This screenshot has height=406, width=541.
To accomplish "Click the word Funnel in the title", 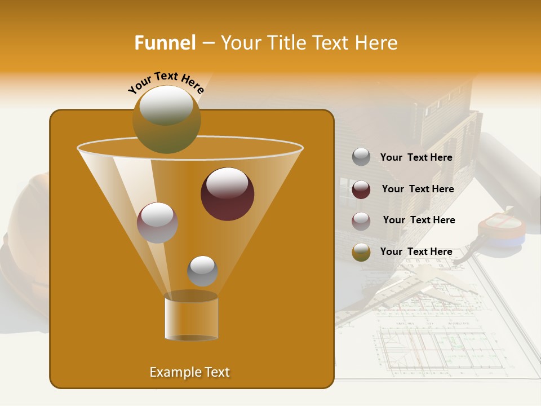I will coord(165,43).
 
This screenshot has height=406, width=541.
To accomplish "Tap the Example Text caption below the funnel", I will coord(189,372).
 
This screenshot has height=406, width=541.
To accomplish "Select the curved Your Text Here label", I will coord(166,82).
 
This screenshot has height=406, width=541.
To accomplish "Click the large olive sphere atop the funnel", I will coord(166,119).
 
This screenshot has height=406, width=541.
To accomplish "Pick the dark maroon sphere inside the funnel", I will coord(227,193).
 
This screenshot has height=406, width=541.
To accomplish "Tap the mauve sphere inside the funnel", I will coord(157,222).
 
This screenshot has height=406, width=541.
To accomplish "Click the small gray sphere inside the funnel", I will coord(202,271).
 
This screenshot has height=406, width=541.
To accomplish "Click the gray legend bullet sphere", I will coord(361,157).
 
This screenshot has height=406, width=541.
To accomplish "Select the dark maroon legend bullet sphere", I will coord(361,189).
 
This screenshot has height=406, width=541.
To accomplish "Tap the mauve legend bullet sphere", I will coord(361,221).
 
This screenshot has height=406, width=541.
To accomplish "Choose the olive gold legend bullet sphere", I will coord(361,252).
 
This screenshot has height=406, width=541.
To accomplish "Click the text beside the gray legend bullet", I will coord(416,158).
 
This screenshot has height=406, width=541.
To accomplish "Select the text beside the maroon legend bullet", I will coord(418,189).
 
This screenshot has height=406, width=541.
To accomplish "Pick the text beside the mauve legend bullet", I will coord(419,220).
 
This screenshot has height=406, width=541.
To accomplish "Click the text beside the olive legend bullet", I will coord(416,252).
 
